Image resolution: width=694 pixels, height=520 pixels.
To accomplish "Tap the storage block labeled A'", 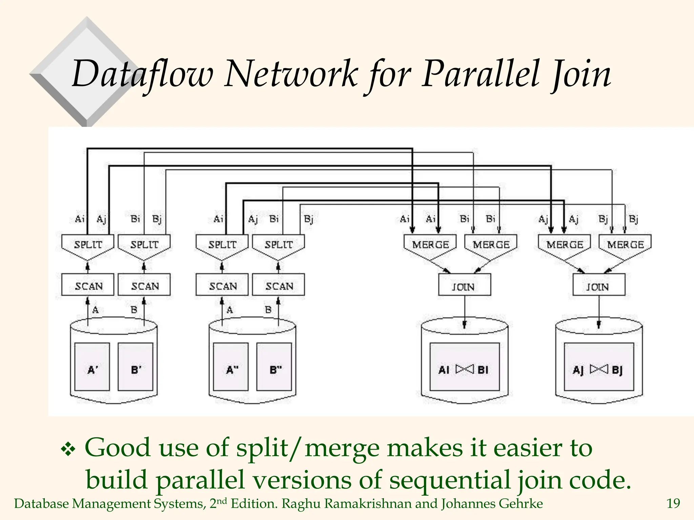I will (92, 367).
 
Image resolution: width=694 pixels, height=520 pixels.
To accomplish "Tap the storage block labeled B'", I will (136, 367).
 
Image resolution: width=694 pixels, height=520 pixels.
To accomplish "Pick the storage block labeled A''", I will (231, 367).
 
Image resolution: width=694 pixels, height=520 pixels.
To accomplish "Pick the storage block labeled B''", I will (274, 367).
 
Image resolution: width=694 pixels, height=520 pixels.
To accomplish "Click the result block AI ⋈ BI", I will (464, 367).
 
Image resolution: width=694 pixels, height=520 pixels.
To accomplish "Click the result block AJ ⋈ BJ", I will (598, 367).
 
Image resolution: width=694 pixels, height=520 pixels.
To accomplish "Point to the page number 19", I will (673, 504).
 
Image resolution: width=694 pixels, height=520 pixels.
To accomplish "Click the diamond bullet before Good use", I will (68, 450).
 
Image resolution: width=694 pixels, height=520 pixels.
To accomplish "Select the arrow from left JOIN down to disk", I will (465, 310).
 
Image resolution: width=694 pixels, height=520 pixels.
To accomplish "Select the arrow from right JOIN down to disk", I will (599, 310).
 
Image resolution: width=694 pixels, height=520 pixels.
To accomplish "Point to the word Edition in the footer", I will (254, 504).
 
